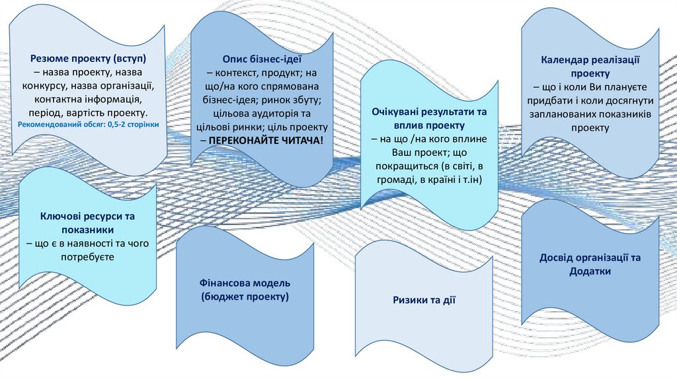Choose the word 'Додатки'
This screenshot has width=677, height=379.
[590, 271]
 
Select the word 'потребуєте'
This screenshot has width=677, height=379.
[89, 257]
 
